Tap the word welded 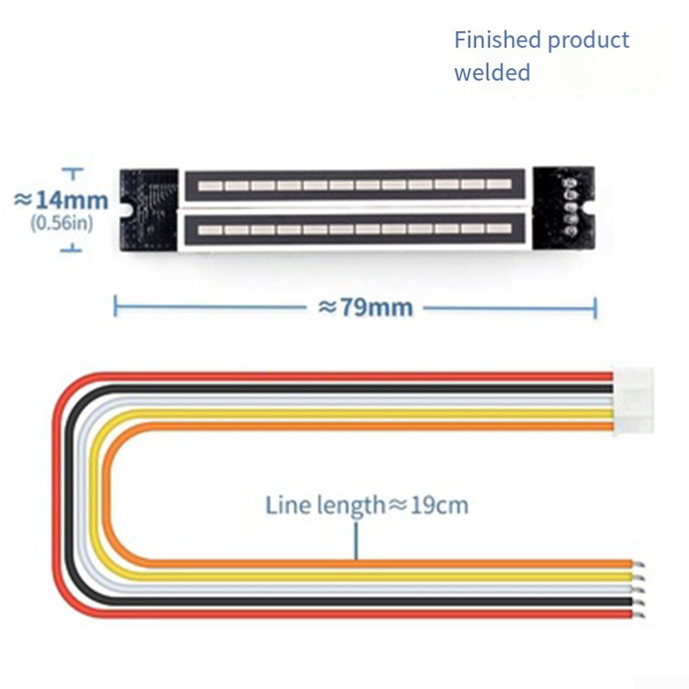pyautogui.click(x=492, y=72)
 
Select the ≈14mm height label pyautogui.click(x=61, y=200)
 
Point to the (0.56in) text pyautogui.click(x=61, y=223)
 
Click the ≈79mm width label pyautogui.click(x=365, y=307)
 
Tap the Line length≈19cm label pyautogui.click(x=367, y=505)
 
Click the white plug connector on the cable pyautogui.click(x=634, y=401)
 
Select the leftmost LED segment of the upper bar pyautogui.click(x=210, y=185)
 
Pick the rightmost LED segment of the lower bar pyautogui.click(x=499, y=229)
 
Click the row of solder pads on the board pyautogui.click(x=571, y=206)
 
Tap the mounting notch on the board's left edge pyautogui.click(x=125, y=210)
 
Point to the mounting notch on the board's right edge pyautogui.click(x=590, y=209)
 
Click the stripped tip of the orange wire pyautogui.click(x=639, y=564)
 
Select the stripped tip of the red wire pyautogui.click(x=639, y=615)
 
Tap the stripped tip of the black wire pyautogui.click(x=639, y=602)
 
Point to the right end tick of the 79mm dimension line pyautogui.click(x=595, y=308)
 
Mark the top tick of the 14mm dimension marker pyautogui.click(x=72, y=169)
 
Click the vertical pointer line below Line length pyautogui.click(x=356, y=540)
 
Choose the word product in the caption pyautogui.click(x=589, y=41)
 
